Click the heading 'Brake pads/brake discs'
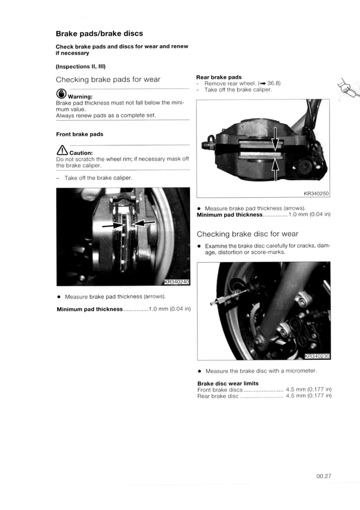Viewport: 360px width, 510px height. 99,33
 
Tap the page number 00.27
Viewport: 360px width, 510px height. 323,476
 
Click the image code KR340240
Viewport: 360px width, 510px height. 176,282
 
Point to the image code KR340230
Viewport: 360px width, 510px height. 316,356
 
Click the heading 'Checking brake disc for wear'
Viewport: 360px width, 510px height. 247,234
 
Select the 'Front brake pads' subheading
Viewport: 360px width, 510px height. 80,134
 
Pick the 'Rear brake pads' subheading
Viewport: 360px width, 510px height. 218,77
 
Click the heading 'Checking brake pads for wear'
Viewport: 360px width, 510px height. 108,80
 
